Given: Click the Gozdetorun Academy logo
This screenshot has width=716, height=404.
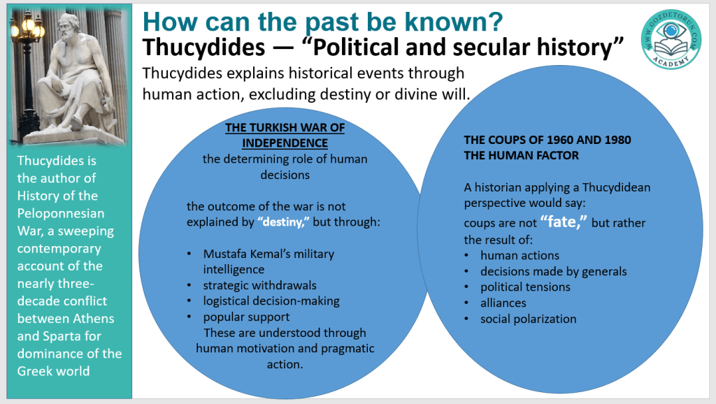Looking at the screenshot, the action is pyautogui.click(x=671, y=40).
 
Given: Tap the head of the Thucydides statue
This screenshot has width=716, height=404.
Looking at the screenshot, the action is pyautogui.click(x=69, y=28).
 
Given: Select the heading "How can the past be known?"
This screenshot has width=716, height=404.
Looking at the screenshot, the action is pyautogui.click(x=322, y=21).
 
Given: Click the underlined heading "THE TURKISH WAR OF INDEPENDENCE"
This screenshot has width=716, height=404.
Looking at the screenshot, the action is pyautogui.click(x=285, y=135).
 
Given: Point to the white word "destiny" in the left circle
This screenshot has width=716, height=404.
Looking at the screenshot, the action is pyautogui.click(x=283, y=222).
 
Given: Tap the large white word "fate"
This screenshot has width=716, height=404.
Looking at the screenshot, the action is pyautogui.click(x=564, y=222).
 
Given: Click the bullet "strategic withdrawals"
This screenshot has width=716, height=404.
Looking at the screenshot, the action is pyautogui.click(x=259, y=285).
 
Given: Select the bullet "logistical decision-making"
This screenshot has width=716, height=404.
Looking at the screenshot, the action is pyautogui.click(x=271, y=301).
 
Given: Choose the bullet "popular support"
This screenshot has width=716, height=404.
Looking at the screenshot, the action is pyautogui.click(x=246, y=317).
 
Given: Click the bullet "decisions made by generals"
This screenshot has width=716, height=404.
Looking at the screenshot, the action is pyautogui.click(x=554, y=272).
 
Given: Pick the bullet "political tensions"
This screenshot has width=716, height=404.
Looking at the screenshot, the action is pyautogui.click(x=525, y=287).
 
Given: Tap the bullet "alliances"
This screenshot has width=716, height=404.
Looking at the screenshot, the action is pyautogui.click(x=503, y=303).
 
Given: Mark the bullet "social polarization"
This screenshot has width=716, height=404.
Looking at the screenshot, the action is pyautogui.click(x=529, y=319).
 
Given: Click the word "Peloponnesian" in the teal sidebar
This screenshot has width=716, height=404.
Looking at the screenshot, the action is pyautogui.click(x=61, y=214).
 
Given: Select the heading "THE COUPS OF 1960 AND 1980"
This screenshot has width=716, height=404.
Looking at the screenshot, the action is pyautogui.click(x=547, y=140).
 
